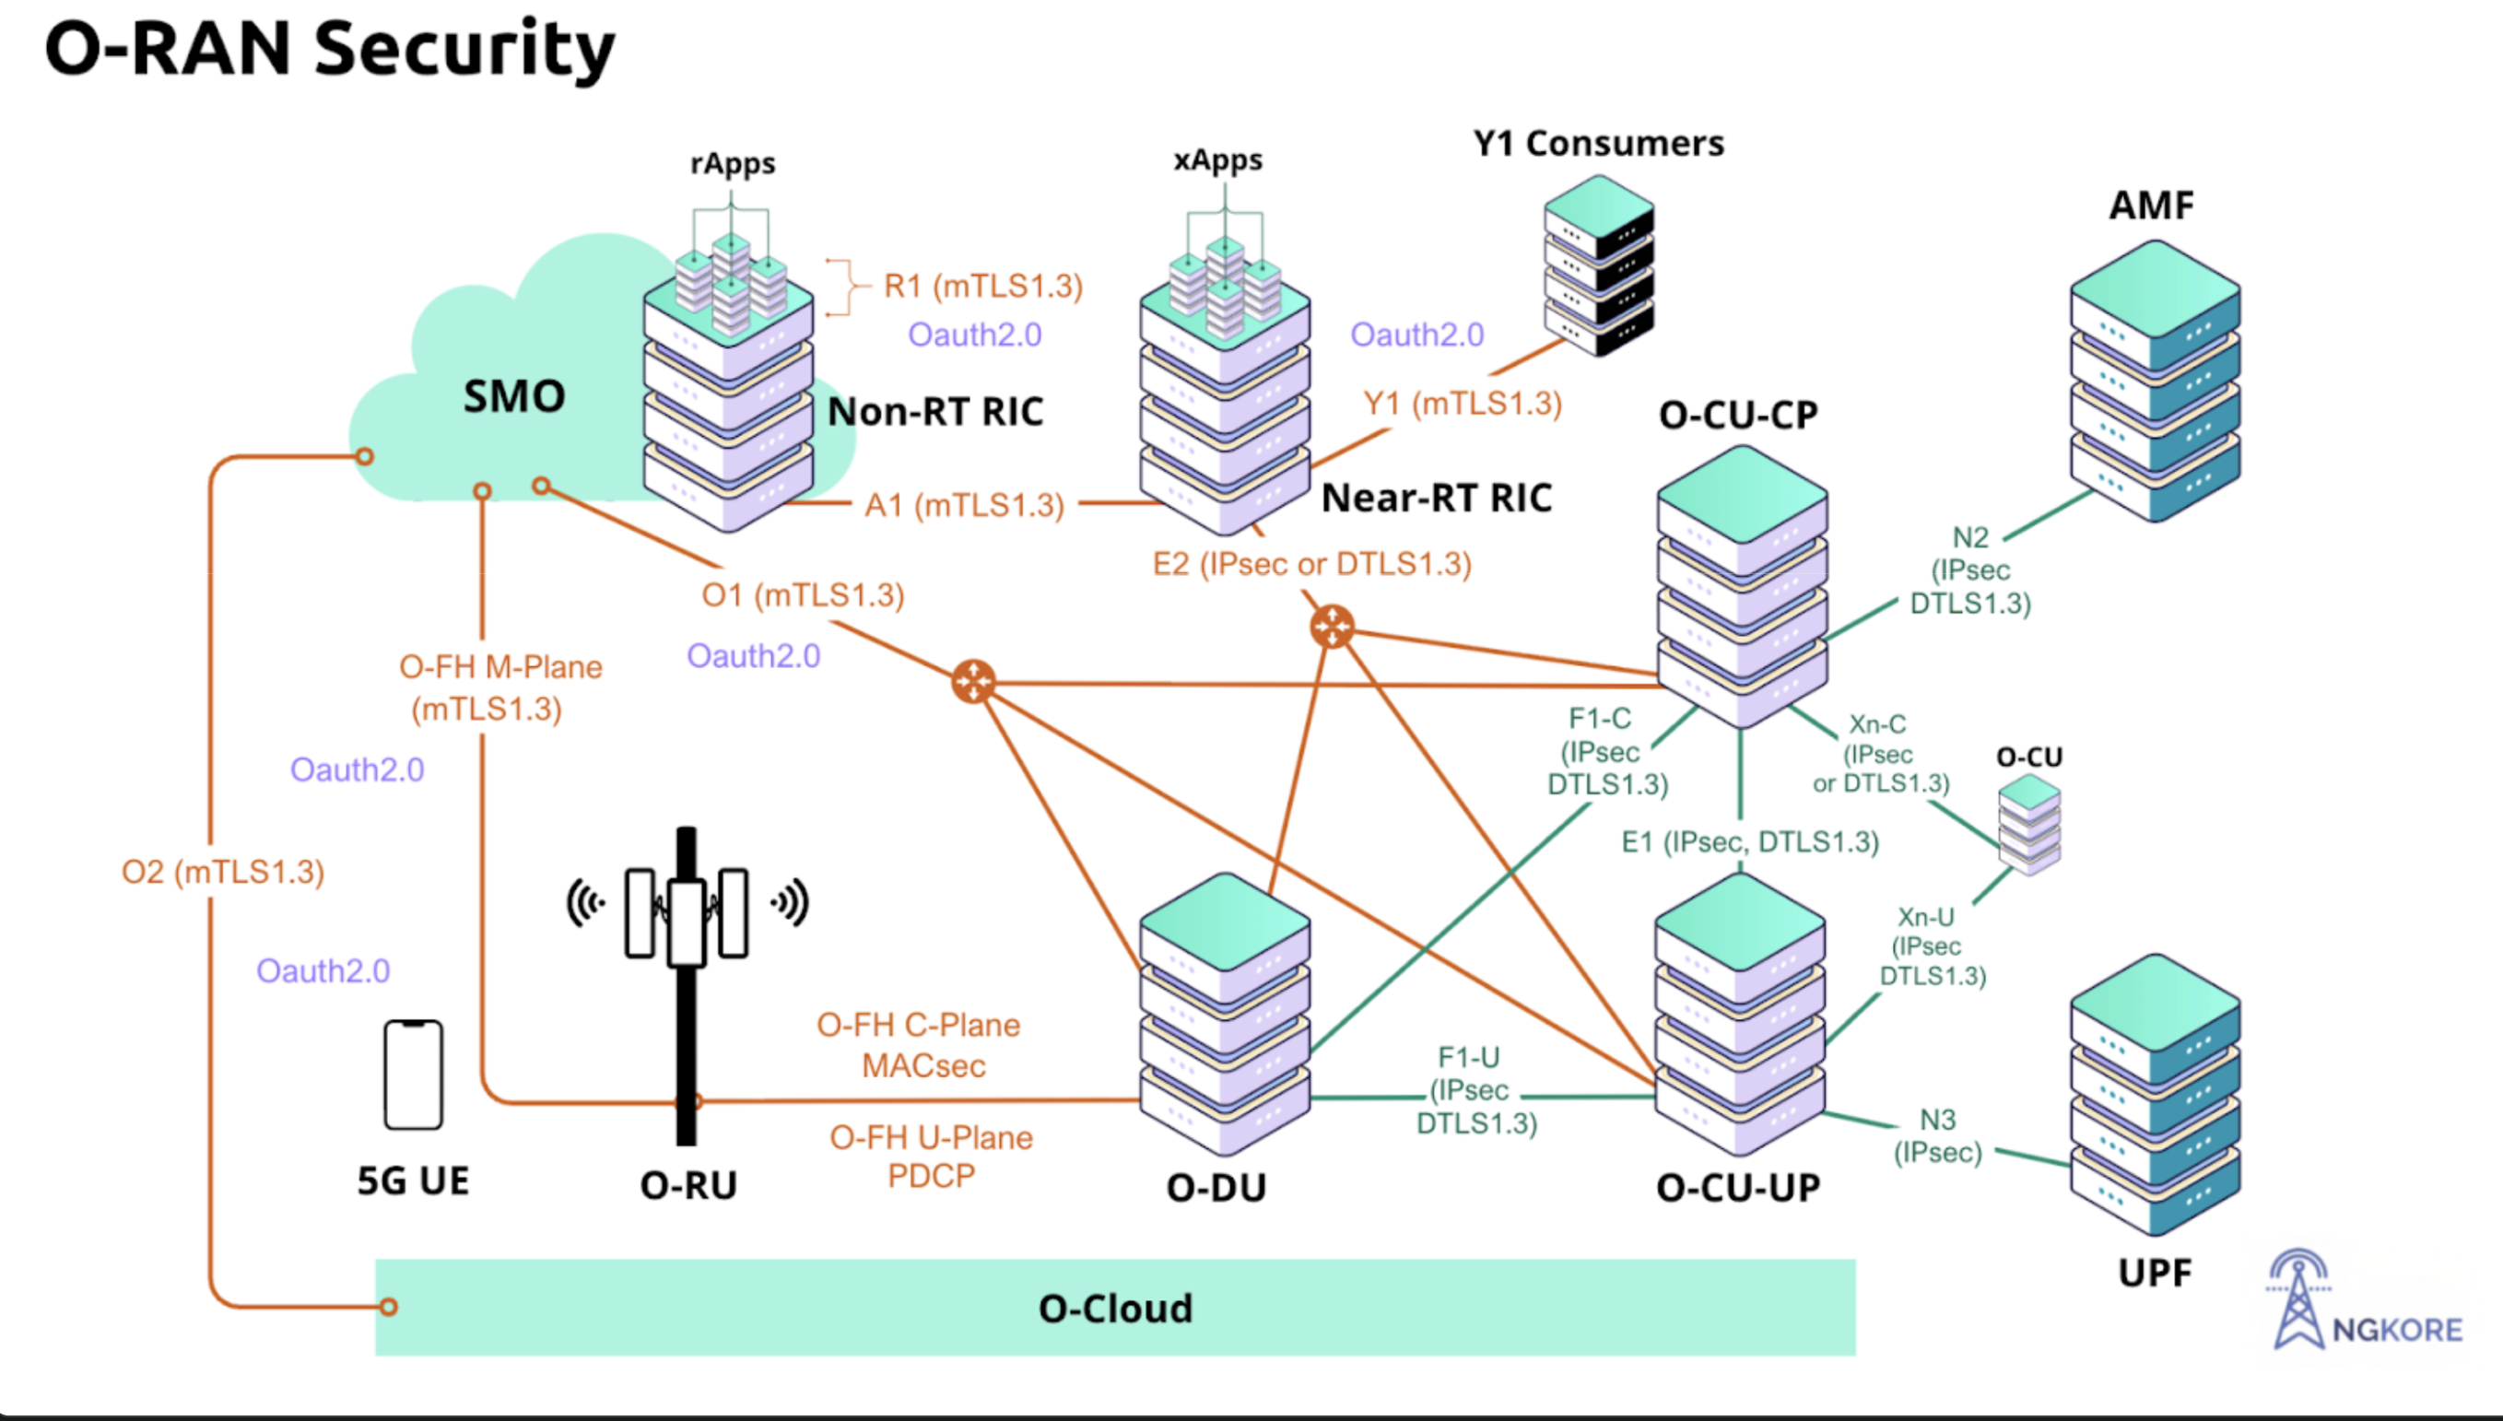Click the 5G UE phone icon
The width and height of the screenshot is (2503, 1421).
tap(413, 1075)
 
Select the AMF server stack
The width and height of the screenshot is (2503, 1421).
tap(2155, 381)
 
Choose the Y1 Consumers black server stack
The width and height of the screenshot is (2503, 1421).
tap(1598, 265)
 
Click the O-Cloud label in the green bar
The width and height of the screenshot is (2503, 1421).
tap(1115, 1309)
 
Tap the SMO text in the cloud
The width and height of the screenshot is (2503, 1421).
tap(514, 396)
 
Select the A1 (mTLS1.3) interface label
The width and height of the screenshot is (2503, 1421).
tap(964, 506)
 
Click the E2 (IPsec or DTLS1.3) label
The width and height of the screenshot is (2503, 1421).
tap(1311, 564)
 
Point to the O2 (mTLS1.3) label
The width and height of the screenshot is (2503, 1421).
tap(222, 872)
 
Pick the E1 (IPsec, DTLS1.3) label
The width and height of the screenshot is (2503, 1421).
tap(1750, 841)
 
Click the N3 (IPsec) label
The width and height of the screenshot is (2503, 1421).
tap(1938, 1135)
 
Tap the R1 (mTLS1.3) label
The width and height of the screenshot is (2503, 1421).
tap(982, 286)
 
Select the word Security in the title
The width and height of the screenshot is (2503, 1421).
tap(465, 49)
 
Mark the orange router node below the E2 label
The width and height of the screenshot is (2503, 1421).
tap(1332, 627)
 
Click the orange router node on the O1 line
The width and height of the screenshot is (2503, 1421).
tap(973, 681)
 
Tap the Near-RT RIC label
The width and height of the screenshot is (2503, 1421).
tap(1437, 498)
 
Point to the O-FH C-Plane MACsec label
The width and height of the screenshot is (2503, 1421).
tap(919, 1044)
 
